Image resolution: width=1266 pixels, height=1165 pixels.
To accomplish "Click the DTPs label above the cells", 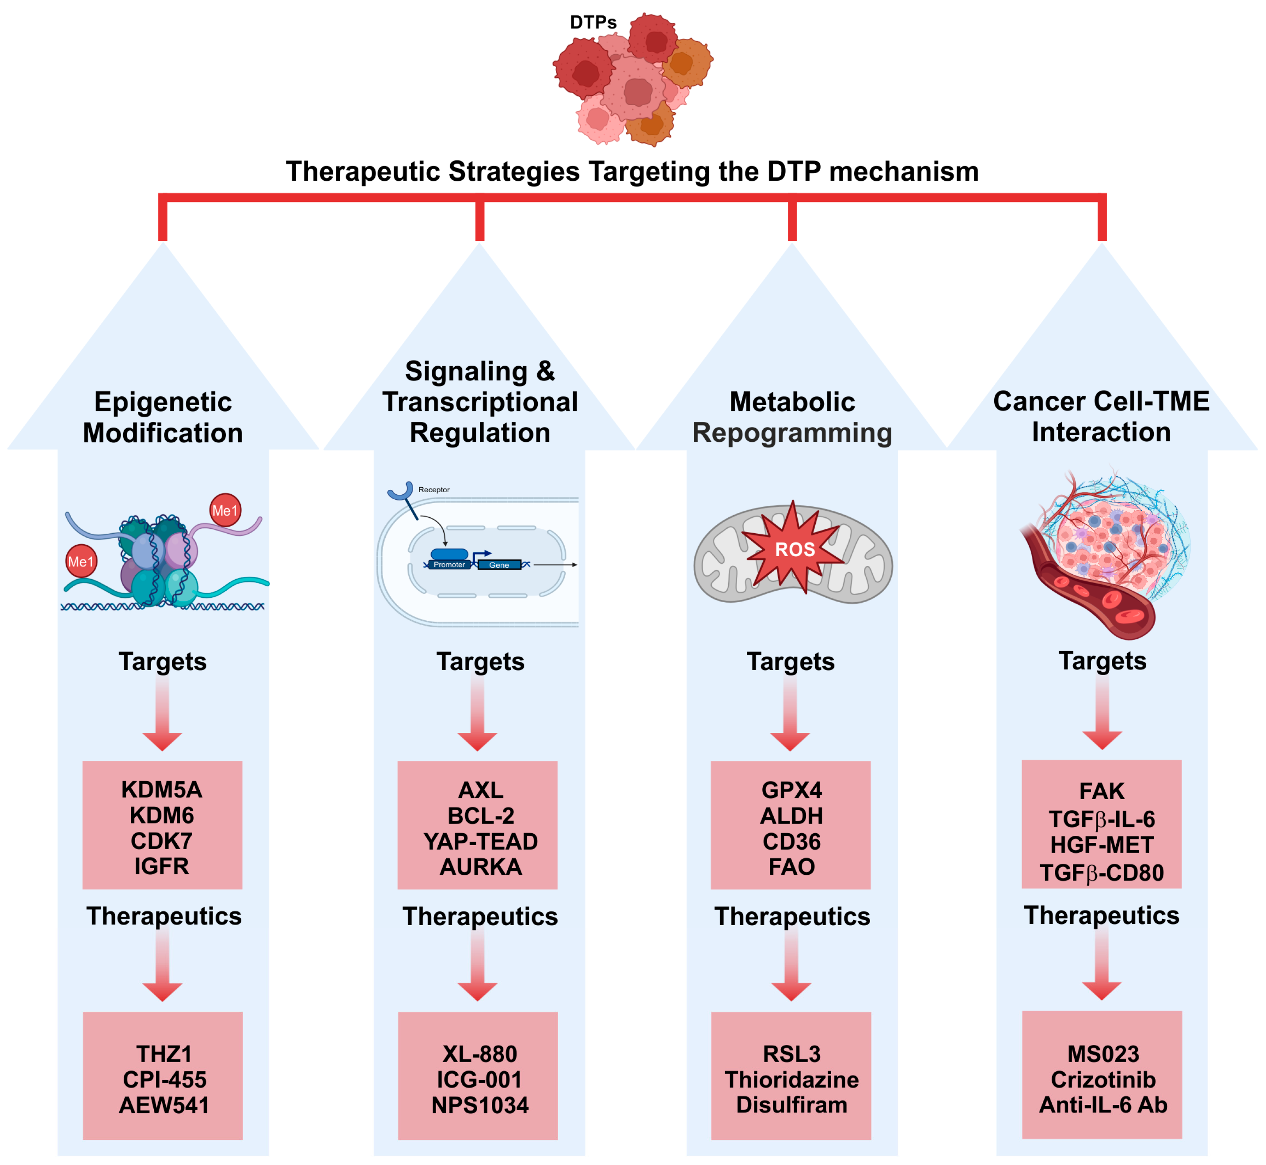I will (x=593, y=23).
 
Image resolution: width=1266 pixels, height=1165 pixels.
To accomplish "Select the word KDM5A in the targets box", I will (x=162, y=789).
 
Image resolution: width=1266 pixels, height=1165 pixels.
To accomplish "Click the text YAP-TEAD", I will (x=480, y=841).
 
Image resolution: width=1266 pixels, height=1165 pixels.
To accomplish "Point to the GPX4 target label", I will (x=791, y=789).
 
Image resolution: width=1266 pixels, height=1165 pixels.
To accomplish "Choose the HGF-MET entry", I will (x=1102, y=844).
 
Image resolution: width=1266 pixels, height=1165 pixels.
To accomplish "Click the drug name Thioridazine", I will (x=791, y=1079).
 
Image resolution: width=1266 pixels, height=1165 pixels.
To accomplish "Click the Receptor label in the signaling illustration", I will (x=434, y=489).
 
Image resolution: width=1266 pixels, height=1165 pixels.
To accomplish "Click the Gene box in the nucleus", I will (x=499, y=564).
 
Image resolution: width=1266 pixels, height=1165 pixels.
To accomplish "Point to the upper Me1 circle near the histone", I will (x=225, y=510).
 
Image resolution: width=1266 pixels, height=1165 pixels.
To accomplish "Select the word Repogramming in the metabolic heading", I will (x=792, y=433).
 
